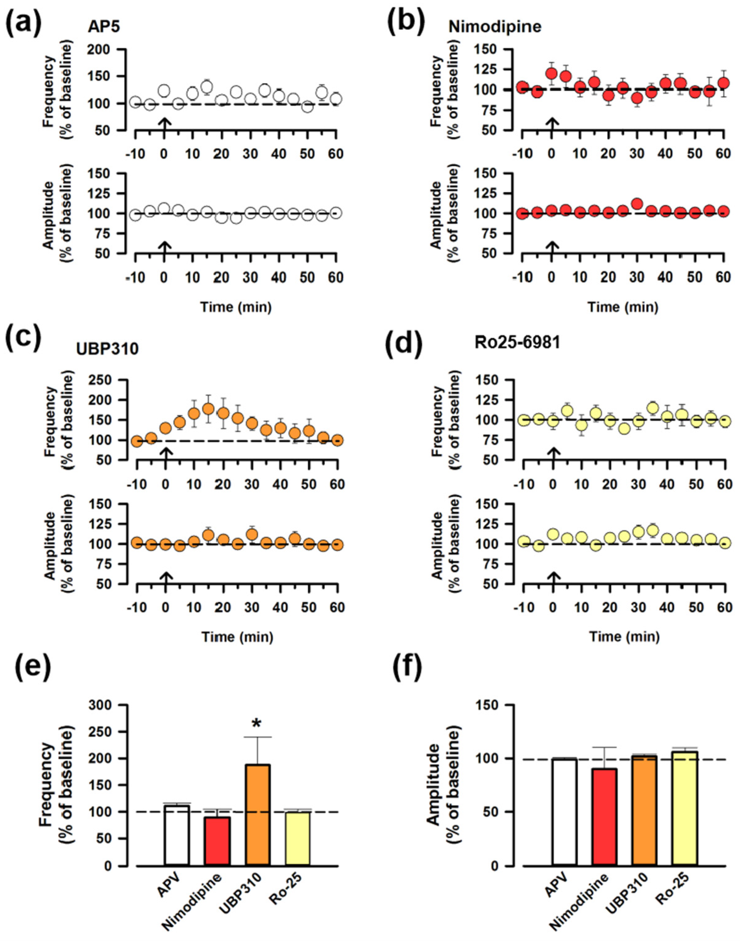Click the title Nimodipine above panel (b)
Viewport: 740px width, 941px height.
click(x=495, y=27)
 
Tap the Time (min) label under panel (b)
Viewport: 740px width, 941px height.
click(x=623, y=307)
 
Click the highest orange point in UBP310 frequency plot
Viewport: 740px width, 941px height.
click(x=208, y=409)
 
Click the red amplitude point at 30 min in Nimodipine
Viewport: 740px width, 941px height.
click(x=637, y=204)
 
